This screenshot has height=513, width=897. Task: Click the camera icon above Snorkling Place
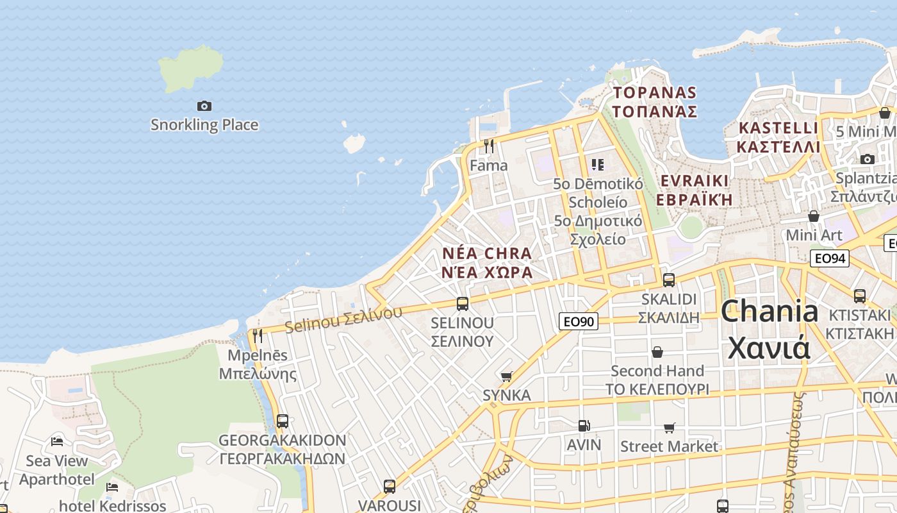(x=204, y=106)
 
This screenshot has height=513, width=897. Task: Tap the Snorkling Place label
(x=204, y=124)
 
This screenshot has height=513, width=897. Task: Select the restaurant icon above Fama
(x=489, y=146)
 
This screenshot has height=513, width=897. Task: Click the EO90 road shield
(x=579, y=321)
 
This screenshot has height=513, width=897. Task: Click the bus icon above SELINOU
(x=463, y=304)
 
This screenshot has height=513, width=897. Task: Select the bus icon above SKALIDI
(x=669, y=280)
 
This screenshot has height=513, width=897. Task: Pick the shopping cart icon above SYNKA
(x=506, y=376)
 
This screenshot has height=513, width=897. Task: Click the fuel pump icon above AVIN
(x=584, y=426)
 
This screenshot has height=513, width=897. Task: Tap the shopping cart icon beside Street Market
(x=670, y=428)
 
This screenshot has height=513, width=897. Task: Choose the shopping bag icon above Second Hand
(x=657, y=352)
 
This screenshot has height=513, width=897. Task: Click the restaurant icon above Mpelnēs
(x=258, y=335)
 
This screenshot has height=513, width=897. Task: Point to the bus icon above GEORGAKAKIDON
(x=283, y=421)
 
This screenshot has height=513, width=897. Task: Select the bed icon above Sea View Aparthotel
(x=57, y=441)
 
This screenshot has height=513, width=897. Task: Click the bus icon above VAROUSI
(x=390, y=487)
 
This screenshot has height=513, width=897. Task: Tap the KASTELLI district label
(x=778, y=137)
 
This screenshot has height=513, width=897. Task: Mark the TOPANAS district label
(x=654, y=101)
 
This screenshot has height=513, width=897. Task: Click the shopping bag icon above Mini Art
(x=814, y=216)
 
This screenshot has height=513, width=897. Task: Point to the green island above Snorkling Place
(x=191, y=67)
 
